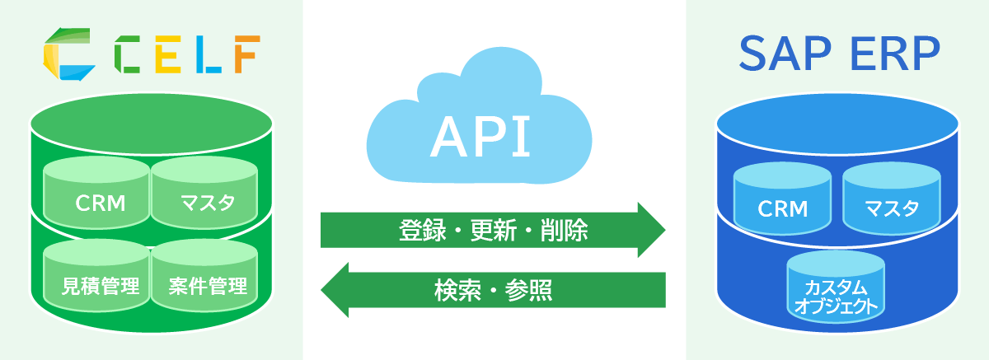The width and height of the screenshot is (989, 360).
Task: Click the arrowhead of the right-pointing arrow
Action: (651, 230)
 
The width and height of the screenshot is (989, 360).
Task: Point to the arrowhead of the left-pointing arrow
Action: (335, 290)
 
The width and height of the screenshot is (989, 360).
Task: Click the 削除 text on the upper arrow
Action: (565, 230)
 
